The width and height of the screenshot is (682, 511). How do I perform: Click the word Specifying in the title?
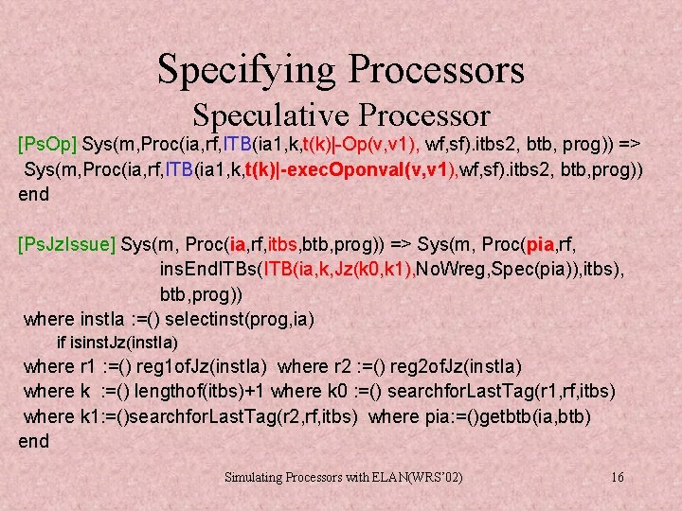click(246, 69)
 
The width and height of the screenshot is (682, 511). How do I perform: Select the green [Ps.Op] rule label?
click(48, 145)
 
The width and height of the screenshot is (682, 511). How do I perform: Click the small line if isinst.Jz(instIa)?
click(117, 342)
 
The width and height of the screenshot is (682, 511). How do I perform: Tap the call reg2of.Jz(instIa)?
click(440, 366)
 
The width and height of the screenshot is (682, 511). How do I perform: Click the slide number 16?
click(618, 477)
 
